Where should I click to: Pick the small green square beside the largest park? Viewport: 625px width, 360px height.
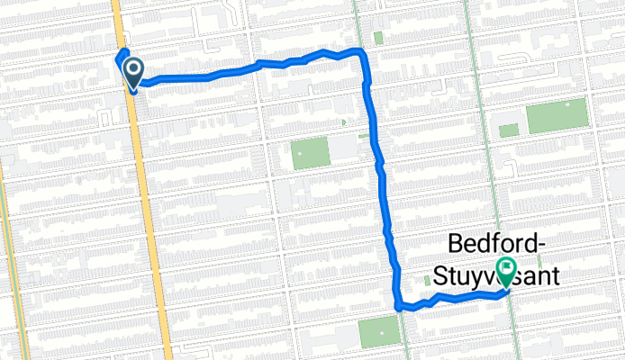[509, 130]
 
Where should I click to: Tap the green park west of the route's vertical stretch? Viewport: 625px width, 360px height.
[308, 155]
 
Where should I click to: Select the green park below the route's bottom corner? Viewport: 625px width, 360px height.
[378, 332]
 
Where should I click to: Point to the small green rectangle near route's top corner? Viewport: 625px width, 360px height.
[377, 39]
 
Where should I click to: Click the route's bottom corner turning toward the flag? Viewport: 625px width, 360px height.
[399, 306]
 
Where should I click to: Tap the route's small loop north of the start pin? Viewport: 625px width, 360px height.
[122, 54]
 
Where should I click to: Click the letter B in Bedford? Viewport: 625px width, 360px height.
[455, 243]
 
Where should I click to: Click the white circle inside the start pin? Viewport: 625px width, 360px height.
[134, 68]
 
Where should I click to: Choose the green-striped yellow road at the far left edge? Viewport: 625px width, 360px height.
[5, 225]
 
